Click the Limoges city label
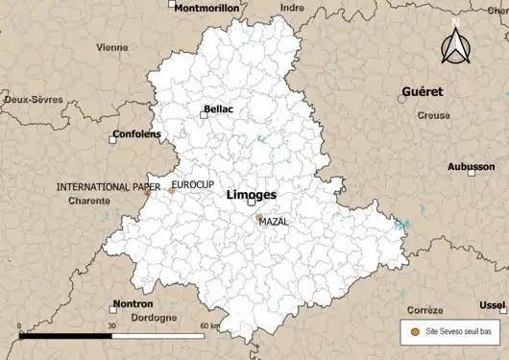coord(251,194)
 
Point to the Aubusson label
coord(471,166)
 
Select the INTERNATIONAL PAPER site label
coord(108,186)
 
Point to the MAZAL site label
coord(274,221)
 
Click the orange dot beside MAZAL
coord(257,219)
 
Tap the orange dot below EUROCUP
coord(172,190)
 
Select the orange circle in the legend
coord(414,330)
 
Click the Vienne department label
coord(112,46)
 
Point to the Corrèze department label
coord(424,310)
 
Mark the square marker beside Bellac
coord(204,114)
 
